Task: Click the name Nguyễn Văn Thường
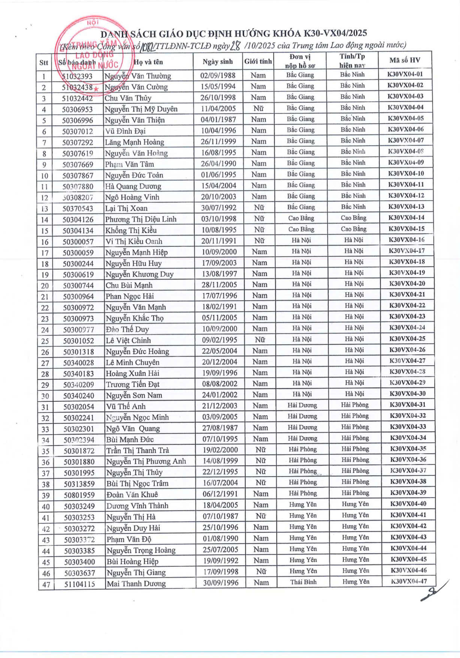[x=137, y=76]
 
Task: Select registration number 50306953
[x=78, y=109]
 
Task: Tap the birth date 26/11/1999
[x=218, y=141]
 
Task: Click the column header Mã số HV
[x=405, y=60]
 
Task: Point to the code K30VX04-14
[x=406, y=218]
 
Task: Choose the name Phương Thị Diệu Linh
[x=140, y=219]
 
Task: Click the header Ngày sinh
[x=218, y=62]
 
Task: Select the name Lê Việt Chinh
[x=128, y=341]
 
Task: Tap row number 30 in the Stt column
[x=45, y=396]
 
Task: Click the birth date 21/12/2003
[x=220, y=406]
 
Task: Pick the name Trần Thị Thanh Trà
[x=137, y=450]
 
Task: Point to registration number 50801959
[x=79, y=495]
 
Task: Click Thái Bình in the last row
[x=303, y=582]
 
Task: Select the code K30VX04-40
[x=408, y=504]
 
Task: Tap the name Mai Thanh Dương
[x=136, y=584]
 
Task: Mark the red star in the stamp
[x=96, y=89]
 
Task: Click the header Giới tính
[x=258, y=62]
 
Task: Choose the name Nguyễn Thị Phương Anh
[x=146, y=461]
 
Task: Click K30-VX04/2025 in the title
[x=335, y=33]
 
